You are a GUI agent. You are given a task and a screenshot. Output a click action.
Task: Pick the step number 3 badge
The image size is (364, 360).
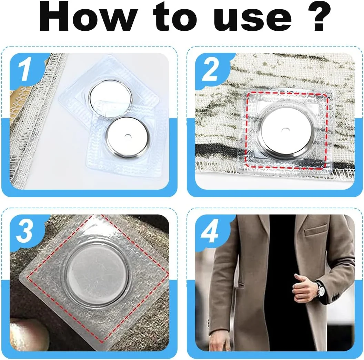24,231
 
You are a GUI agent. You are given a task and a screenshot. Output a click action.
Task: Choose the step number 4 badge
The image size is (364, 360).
210,231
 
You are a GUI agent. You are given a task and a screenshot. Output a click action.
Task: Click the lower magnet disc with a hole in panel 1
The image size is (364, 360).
127,137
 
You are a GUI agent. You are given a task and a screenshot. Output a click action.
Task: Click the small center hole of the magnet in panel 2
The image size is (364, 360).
284,129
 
